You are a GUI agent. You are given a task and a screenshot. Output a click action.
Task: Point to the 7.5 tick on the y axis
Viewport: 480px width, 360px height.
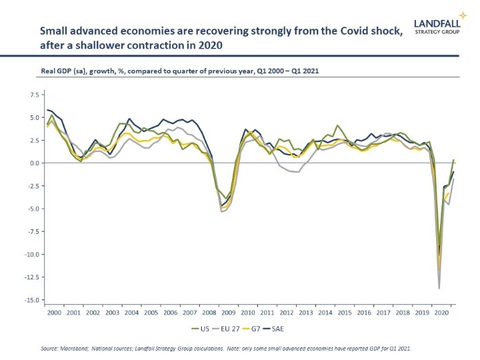[x=32, y=95]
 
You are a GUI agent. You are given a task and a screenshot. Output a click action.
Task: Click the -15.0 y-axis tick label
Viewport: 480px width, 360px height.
[x=30, y=300]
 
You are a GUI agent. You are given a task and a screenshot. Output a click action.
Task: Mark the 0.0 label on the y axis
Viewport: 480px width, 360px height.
[x=33, y=163]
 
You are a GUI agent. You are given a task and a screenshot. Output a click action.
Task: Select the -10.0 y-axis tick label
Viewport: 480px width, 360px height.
[x=30, y=254]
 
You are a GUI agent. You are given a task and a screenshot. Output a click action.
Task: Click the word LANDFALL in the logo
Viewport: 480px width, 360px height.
[x=437, y=22]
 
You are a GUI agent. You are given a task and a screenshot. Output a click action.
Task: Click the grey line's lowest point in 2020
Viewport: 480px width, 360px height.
[x=439, y=288]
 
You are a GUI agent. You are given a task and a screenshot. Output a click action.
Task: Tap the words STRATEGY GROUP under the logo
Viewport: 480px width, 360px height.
[x=437, y=31]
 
